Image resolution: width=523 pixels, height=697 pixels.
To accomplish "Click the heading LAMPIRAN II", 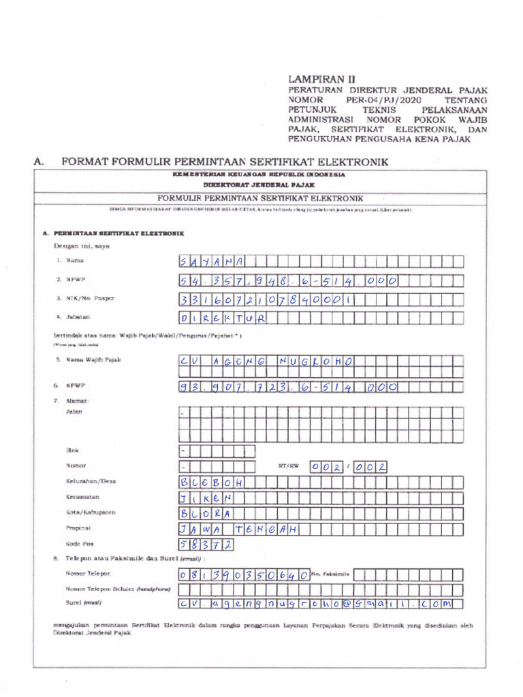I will [x=322, y=79].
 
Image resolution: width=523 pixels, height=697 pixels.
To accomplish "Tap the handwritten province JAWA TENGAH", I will [x=239, y=529].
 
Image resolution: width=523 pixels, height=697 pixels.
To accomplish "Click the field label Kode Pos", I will [x=80, y=545].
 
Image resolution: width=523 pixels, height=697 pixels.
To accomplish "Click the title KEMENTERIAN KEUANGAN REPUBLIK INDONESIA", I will [x=258, y=175].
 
